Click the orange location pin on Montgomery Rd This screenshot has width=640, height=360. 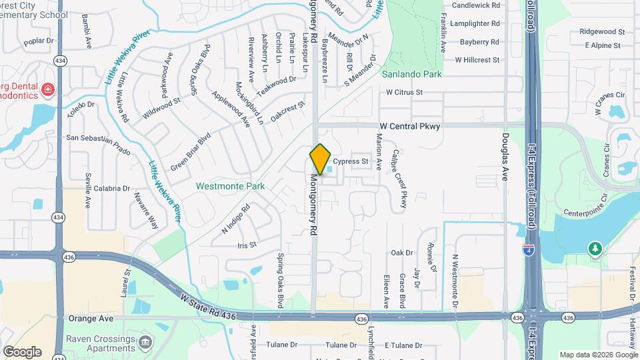point(321,159)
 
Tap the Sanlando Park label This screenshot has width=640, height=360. point(412,75)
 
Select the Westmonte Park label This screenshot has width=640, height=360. point(230,186)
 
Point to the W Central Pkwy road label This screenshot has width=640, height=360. point(410,126)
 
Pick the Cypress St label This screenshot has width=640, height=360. point(351,161)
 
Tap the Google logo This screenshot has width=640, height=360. point(22,351)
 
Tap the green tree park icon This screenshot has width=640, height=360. point(595,249)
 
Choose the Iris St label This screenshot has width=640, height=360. point(247,245)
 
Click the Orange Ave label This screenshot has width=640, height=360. point(88,319)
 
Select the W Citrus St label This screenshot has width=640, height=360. point(405,92)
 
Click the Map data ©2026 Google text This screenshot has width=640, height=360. point(598,355)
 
